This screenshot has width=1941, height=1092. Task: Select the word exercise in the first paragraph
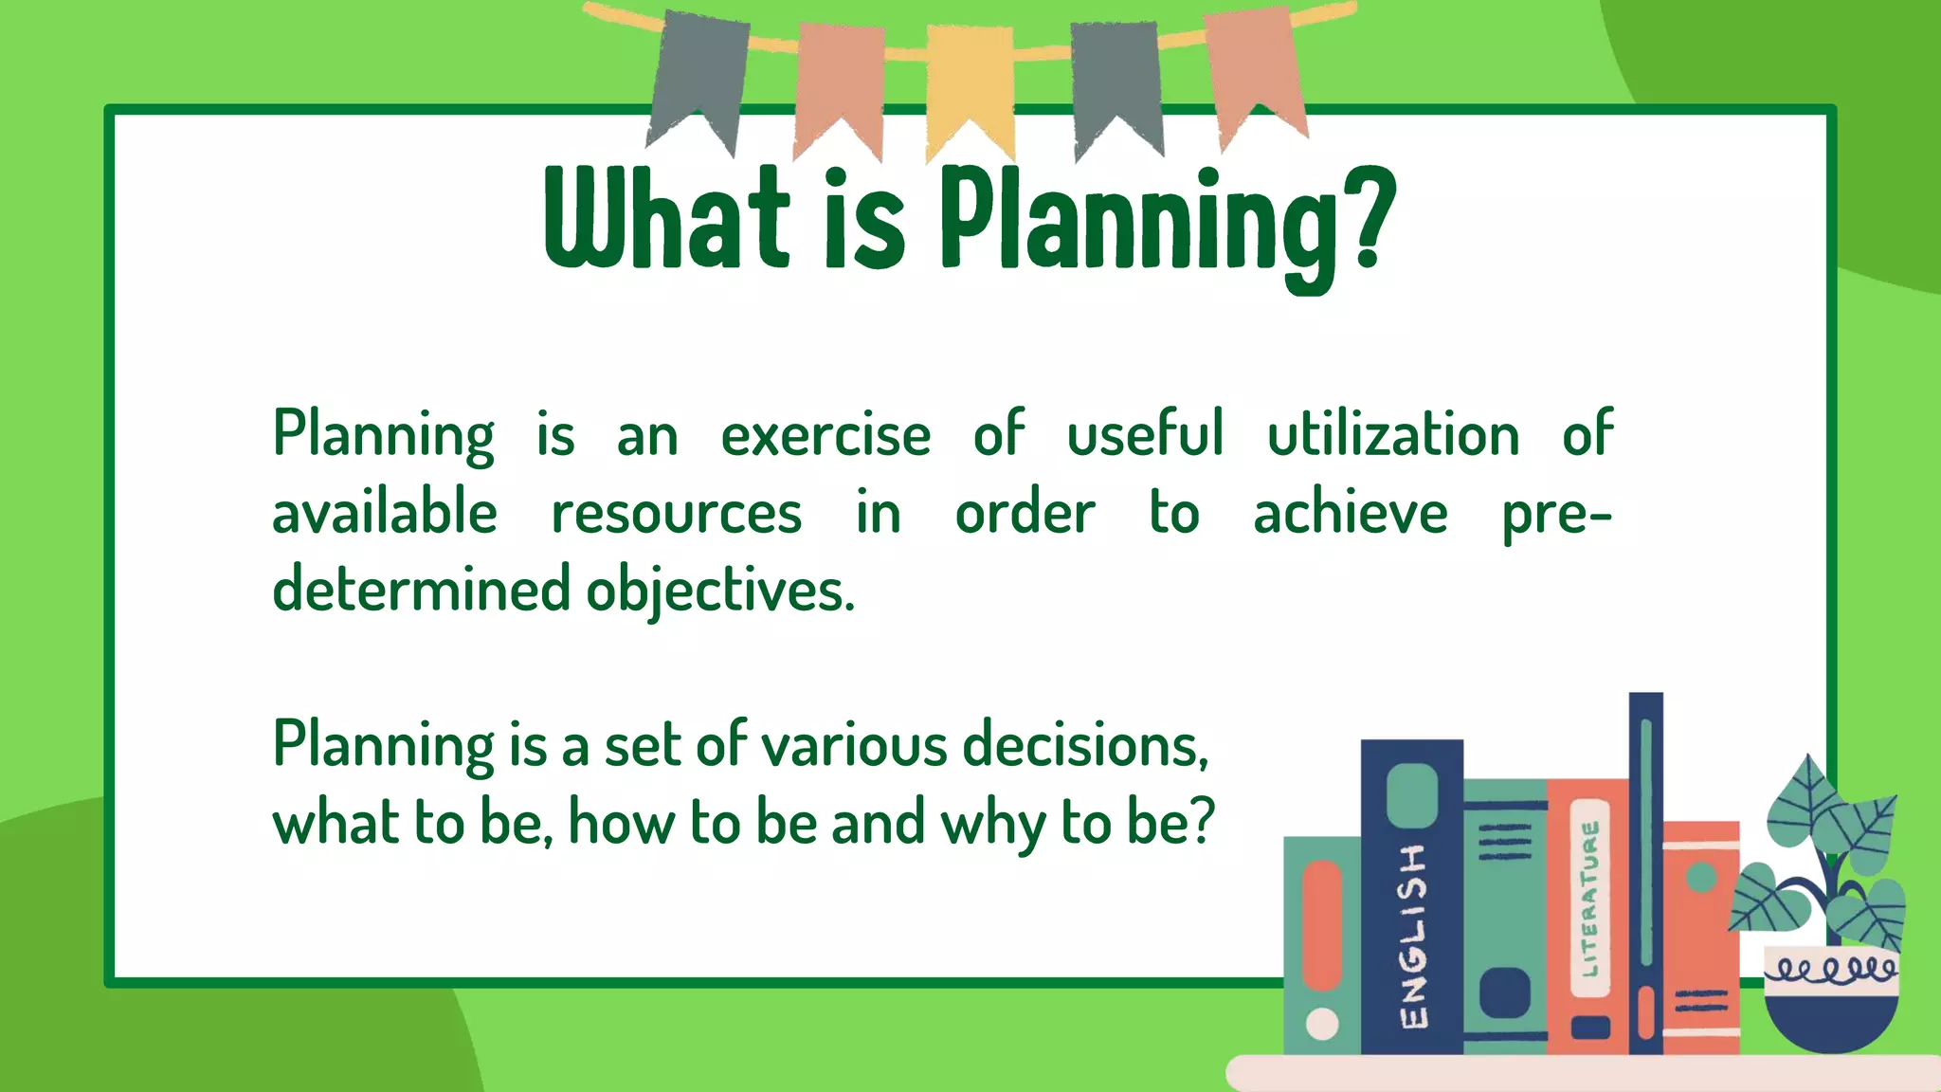click(x=825, y=435)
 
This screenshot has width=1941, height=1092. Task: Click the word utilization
click(x=1393, y=435)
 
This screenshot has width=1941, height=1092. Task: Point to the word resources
click(x=677, y=514)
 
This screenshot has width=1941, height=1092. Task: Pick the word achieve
click(x=1350, y=514)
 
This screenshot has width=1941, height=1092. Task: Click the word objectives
click(x=720, y=591)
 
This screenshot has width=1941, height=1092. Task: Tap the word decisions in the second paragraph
click(x=1085, y=745)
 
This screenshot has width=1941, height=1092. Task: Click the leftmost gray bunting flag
click(x=699, y=76)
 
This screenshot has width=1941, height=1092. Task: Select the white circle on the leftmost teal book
click(x=1322, y=1024)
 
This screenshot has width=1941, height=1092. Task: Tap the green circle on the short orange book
click(x=1701, y=877)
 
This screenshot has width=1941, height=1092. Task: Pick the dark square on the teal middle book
click(x=1504, y=992)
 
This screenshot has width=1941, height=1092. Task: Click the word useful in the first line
click(x=1145, y=435)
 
